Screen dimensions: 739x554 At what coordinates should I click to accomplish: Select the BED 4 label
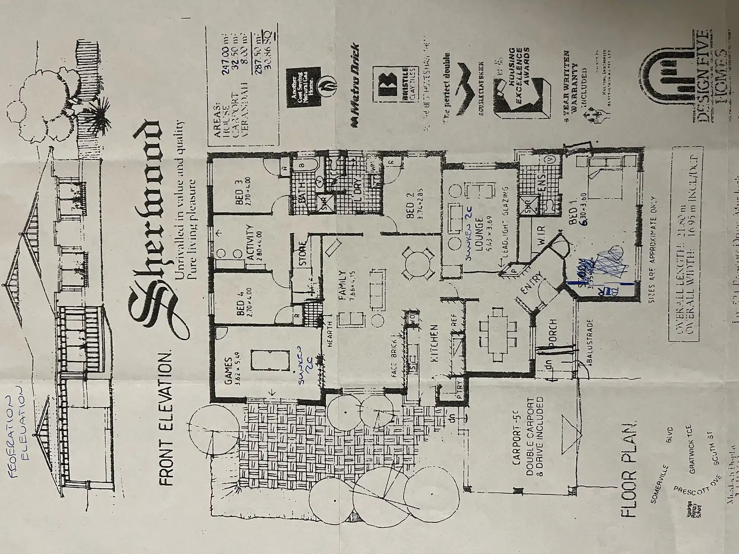click(x=240, y=308)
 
